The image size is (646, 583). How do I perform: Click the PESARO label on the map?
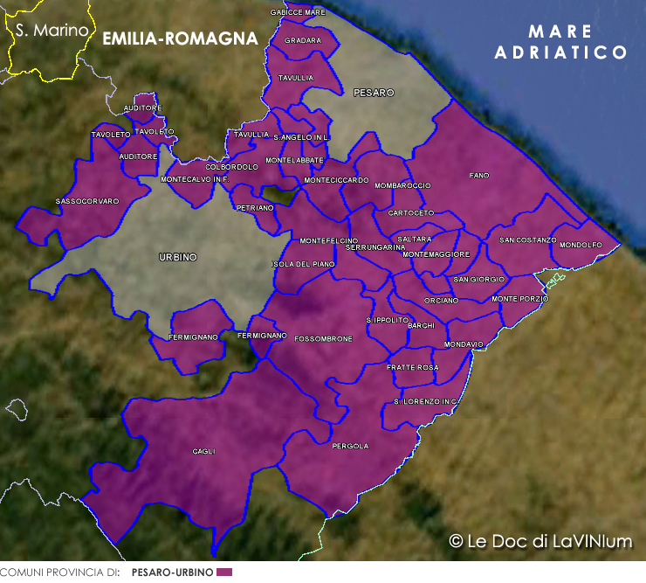(x=374, y=92)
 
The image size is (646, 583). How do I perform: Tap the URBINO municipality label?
(x=178, y=257)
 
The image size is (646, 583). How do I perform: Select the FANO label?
(x=479, y=176)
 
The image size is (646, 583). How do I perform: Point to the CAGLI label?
(x=203, y=452)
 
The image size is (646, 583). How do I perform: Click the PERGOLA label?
(x=350, y=446)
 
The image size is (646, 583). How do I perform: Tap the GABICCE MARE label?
(x=298, y=12)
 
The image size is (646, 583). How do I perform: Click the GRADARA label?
(x=303, y=40)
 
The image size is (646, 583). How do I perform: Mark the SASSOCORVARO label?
(x=87, y=201)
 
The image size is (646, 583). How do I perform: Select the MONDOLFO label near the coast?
(x=581, y=245)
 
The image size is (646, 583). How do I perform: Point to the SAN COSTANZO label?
(x=527, y=239)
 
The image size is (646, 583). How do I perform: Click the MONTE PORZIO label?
(x=520, y=299)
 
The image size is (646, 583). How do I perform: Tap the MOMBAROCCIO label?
(x=402, y=185)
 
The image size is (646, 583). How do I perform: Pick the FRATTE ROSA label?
(x=412, y=368)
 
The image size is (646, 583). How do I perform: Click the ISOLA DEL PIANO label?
(x=304, y=264)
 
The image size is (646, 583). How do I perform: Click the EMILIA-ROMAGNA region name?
(x=180, y=38)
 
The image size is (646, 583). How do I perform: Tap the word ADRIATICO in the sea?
(x=561, y=52)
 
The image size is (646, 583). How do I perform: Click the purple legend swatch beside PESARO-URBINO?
(x=224, y=572)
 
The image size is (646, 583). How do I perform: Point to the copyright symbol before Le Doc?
(x=456, y=541)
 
